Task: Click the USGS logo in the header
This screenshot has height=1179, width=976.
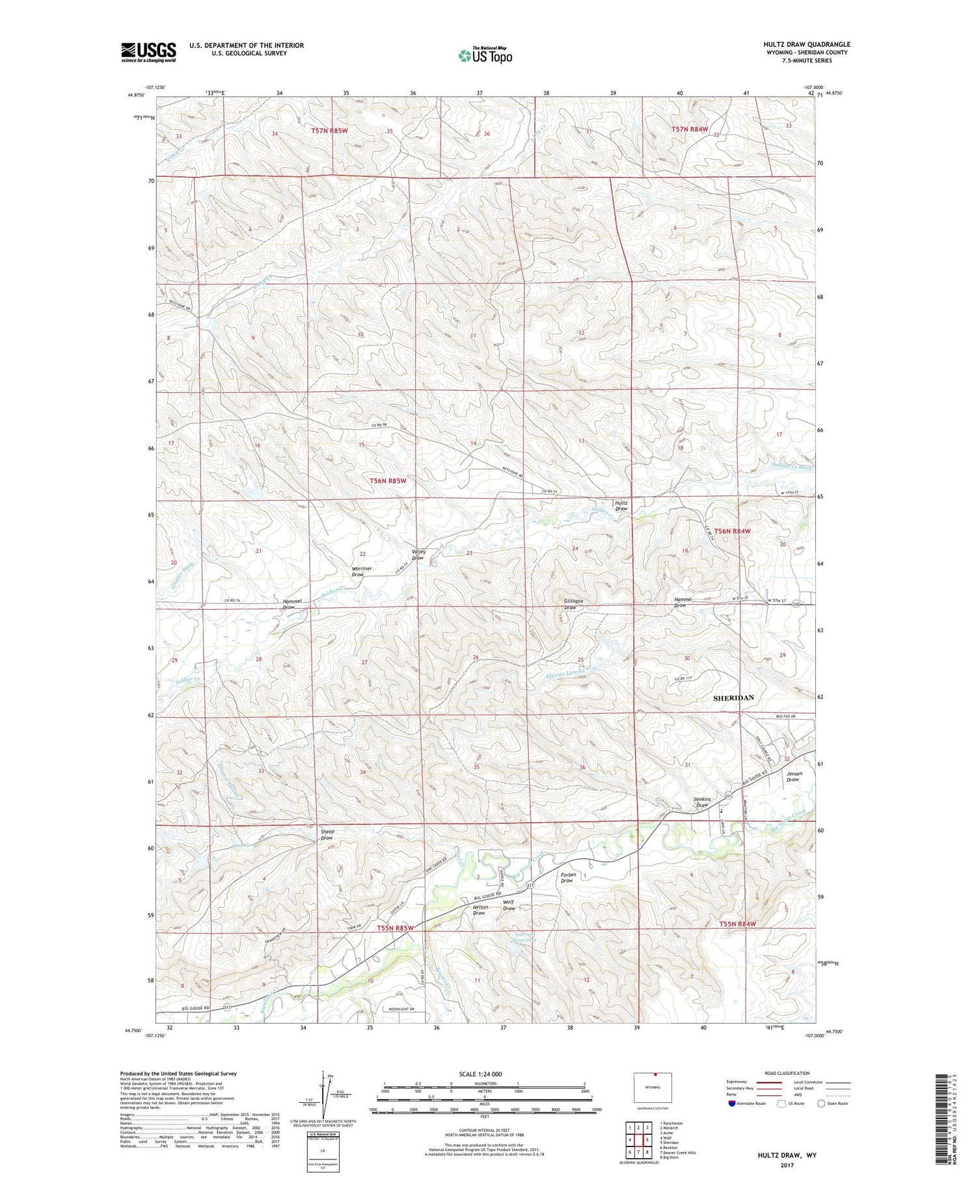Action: pos(148,52)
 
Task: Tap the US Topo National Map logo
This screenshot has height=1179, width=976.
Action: pos(485,55)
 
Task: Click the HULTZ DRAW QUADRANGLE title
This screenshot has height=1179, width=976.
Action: pos(807,44)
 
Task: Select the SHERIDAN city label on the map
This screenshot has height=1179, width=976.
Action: pos(733,698)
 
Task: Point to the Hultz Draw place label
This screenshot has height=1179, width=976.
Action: pos(621,505)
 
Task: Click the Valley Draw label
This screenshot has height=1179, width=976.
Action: pos(418,555)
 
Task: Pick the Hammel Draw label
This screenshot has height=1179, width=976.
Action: pos(292,604)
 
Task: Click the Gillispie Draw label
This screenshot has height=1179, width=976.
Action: pos(570,604)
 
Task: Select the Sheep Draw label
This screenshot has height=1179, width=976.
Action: pos(327,834)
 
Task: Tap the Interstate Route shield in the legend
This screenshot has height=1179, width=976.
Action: pos(733,1104)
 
